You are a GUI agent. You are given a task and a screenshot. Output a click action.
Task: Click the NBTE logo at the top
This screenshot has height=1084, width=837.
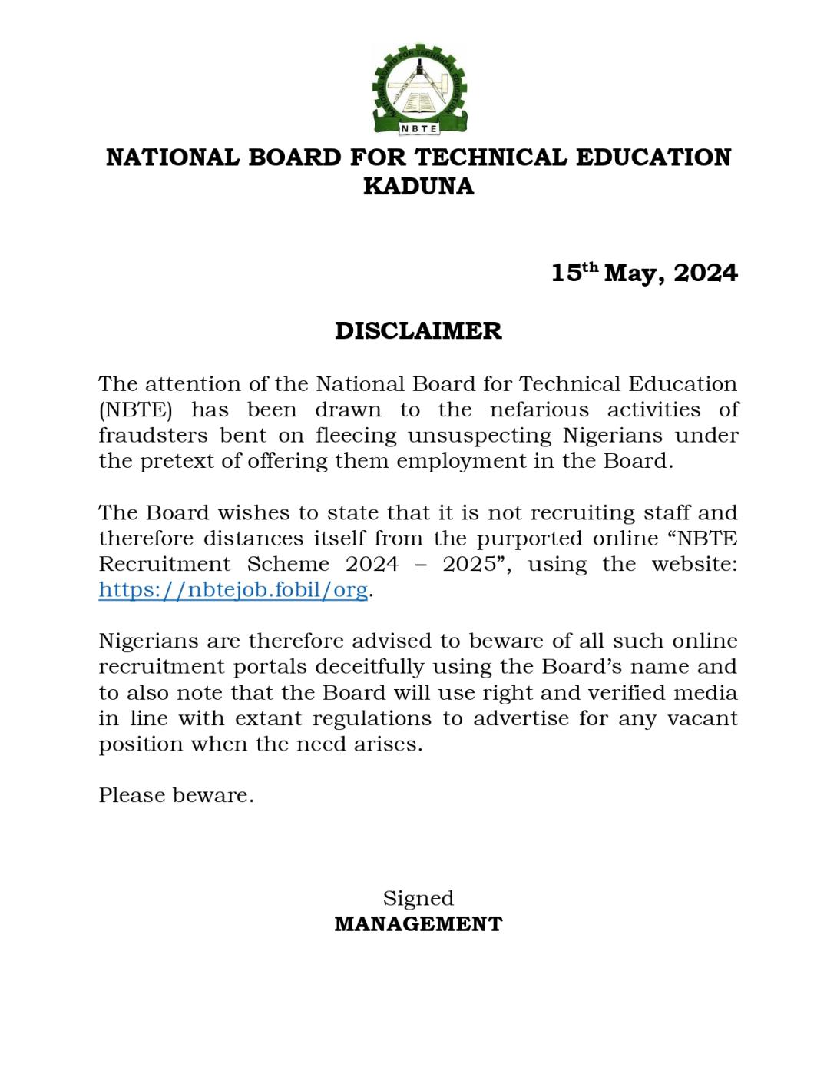coord(418,88)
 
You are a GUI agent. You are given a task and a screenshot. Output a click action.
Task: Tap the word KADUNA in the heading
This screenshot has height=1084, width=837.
coord(418,187)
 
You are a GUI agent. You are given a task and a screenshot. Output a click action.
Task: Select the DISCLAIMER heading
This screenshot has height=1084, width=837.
coord(418,331)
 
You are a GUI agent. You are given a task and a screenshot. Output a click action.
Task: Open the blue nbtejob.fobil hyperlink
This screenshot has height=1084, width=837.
coord(233,591)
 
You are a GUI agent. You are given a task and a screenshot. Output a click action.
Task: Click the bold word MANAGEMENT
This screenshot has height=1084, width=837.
coord(418,923)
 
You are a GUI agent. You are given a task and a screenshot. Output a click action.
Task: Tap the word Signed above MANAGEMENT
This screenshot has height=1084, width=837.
coord(418,898)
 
